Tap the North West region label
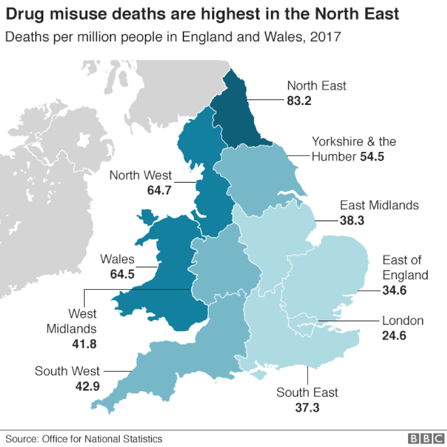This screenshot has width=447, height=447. click(140, 175)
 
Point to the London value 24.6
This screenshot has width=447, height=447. click(395, 335)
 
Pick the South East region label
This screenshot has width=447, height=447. click(307, 392)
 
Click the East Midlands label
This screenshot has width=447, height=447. click(379, 205)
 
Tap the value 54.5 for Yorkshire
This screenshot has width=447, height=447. click(372, 157)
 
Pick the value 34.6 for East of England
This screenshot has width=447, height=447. click(395, 290)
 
